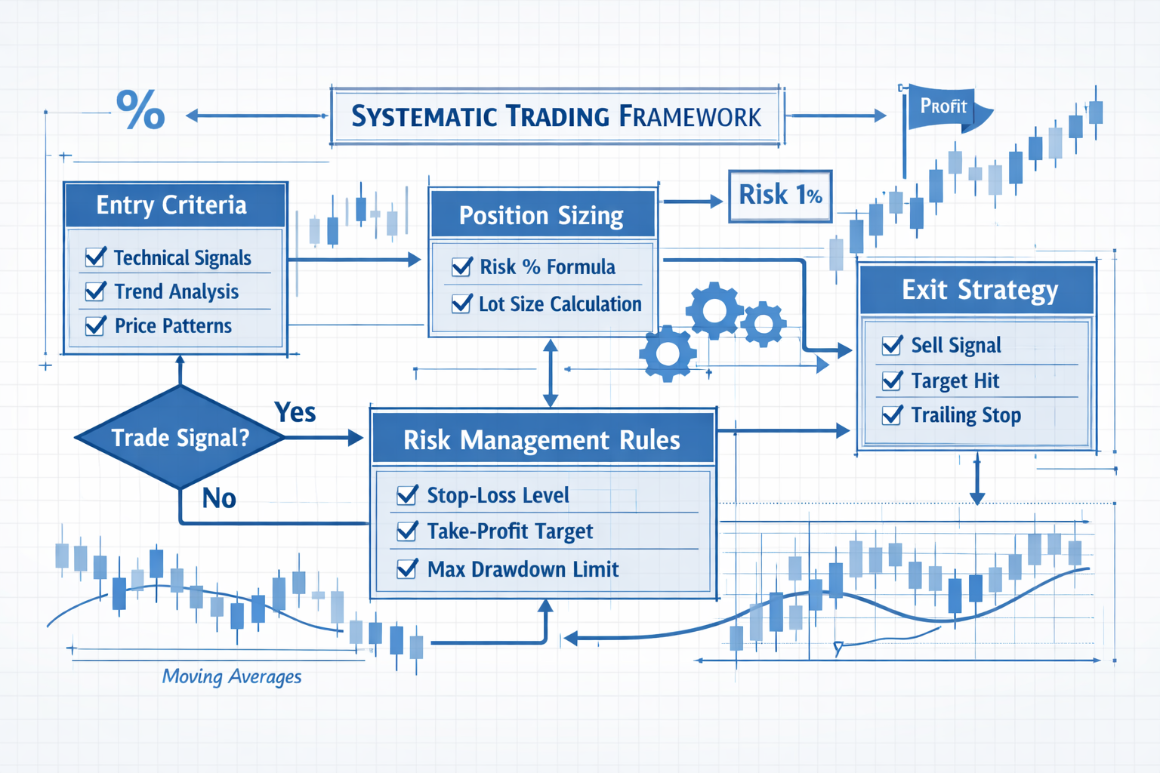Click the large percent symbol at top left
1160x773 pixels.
[x=140, y=110]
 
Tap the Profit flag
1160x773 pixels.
[x=944, y=107]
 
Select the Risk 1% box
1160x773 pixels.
[x=780, y=196]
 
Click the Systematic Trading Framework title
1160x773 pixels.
[x=557, y=116]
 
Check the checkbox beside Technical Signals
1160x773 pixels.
[x=96, y=257]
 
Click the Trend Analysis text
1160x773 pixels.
[x=176, y=291]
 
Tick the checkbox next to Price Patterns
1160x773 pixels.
[x=96, y=325]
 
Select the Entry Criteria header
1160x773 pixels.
[x=172, y=205]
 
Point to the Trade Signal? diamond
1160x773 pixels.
[x=180, y=438]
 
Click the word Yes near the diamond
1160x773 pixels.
[x=295, y=412]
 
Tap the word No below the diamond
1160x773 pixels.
[x=219, y=498]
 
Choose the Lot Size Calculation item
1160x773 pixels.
[x=560, y=304]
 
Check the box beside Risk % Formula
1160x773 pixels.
[x=461, y=266]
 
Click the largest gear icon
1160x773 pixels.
[x=714, y=310]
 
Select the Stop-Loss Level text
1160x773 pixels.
[x=498, y=495]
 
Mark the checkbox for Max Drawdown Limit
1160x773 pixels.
[x=407, y=568]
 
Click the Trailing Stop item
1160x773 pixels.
[x=965, y=415]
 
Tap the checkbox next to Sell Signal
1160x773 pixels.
[x=892, y=345]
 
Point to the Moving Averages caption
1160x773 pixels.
[x=232, y=676]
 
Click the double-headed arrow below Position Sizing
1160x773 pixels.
[x=551, y=373]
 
